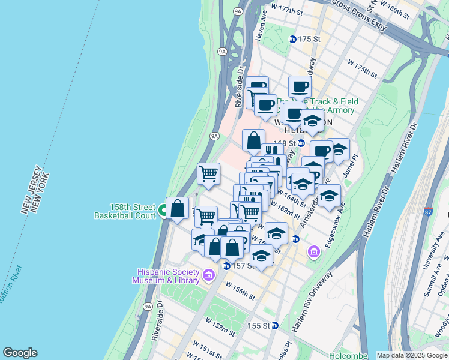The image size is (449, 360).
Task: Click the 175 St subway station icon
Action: (x=293, y=40)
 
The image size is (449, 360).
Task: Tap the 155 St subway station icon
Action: (x=274, y=325)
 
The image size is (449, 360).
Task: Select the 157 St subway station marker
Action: (x=226, y=266)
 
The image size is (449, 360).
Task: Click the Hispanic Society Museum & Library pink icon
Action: (x=209, y=275)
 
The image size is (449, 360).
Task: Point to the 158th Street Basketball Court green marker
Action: (x=163, y=211)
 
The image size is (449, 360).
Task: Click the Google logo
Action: (x=20, y=353)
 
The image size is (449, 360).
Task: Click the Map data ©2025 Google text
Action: (x=411, y=355)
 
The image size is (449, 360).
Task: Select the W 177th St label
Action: (x=287, y=10)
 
